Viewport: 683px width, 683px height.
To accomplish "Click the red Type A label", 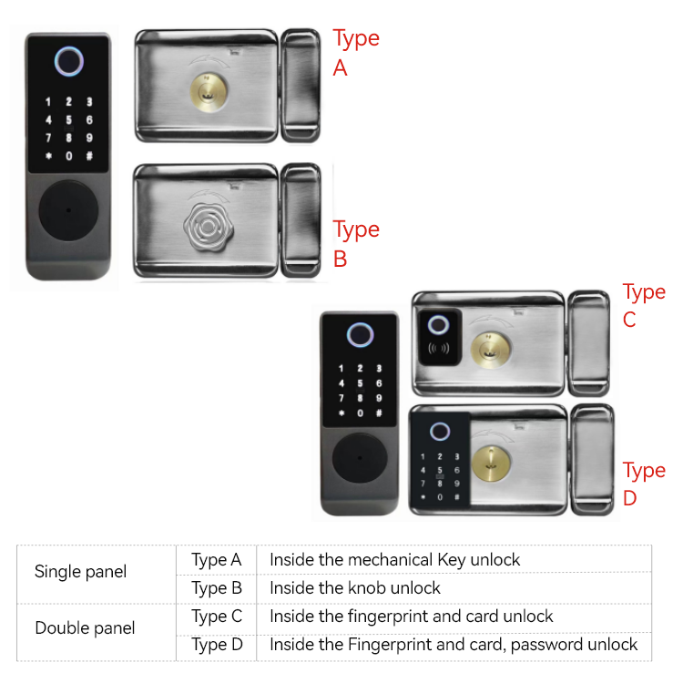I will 355,52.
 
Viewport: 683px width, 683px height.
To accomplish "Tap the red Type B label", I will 355,243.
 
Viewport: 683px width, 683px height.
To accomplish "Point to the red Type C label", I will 643,305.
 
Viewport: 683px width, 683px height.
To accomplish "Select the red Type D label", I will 643,484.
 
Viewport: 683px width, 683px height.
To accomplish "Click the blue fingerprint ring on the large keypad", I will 68,61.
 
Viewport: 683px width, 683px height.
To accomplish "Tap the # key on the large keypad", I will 89,156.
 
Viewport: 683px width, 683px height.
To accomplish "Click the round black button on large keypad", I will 68,210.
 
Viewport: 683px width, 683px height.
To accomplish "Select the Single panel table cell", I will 80,572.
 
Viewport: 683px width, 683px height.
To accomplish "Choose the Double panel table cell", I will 85,628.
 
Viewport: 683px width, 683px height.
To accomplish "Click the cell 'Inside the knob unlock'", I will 355,587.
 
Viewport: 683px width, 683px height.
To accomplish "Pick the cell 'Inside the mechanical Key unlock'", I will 394,559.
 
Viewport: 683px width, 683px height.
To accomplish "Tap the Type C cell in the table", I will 217,617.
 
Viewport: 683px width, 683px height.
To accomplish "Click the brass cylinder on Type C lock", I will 488,347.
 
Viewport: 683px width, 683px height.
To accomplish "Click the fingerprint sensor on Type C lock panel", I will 439,325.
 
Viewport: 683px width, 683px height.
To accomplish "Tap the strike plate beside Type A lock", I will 300,85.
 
